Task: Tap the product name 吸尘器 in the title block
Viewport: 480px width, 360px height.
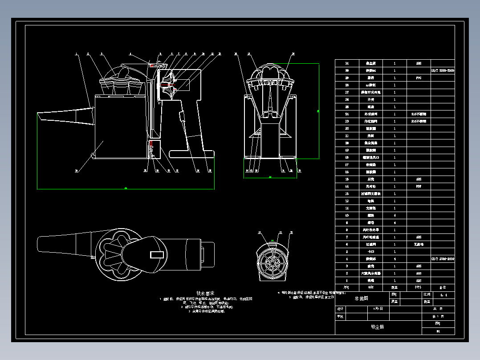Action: pos(377,327)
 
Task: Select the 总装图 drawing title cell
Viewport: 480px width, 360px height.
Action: pos(362,299)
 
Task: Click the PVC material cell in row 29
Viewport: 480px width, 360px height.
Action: pos(419,78)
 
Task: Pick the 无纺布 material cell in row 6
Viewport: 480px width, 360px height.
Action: pos(419,244)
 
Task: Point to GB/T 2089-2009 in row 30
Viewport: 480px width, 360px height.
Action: pos(443,71)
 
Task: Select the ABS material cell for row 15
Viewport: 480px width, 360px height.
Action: pos(419,179)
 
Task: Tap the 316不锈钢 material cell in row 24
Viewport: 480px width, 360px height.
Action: pos(419,114)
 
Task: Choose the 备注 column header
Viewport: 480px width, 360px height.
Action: pos(443,287)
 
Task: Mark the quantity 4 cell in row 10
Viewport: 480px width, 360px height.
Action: pos(395,215)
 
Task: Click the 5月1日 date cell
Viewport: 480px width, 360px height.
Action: pos(377,308)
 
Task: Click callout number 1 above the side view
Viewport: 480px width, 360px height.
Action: pos(76,54)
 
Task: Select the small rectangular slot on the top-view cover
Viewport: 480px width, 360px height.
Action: pos(157,254)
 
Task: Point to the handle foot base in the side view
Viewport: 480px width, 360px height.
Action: pos(192,154)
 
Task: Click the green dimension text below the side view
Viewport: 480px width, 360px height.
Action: pos(126,188)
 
